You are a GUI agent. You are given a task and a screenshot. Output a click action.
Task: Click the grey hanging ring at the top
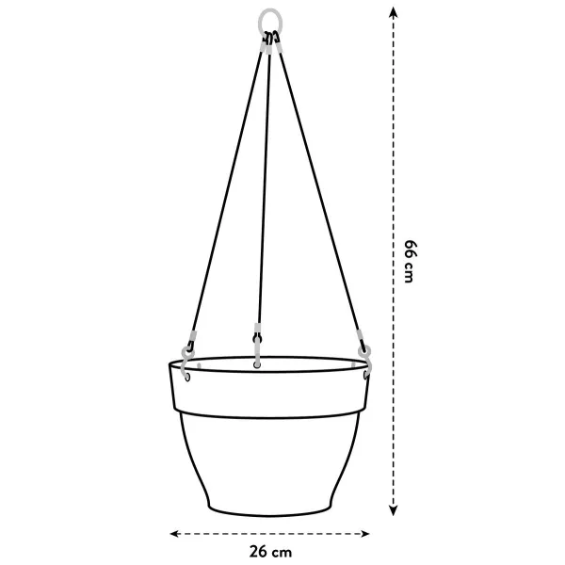pyautogui.click(x=270, y=20)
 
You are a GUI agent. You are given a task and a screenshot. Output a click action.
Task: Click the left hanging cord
pyautogui.click(x=227, y=188)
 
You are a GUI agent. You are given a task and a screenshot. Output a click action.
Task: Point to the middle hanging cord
pyautogui.click(x=264, y=188)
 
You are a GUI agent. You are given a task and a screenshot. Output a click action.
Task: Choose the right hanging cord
pyautogui.click(x=315, y=188)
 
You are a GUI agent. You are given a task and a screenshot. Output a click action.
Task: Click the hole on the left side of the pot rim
pyautogui.click(x=187, y=379)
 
